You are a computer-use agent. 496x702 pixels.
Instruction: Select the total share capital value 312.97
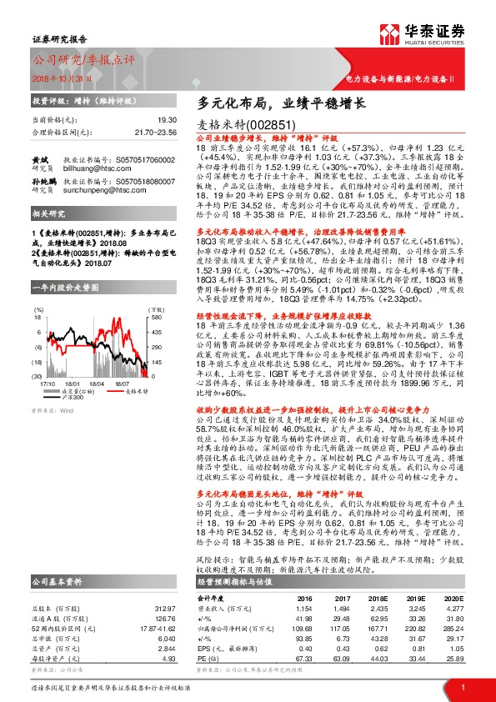(x=165, y=609)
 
